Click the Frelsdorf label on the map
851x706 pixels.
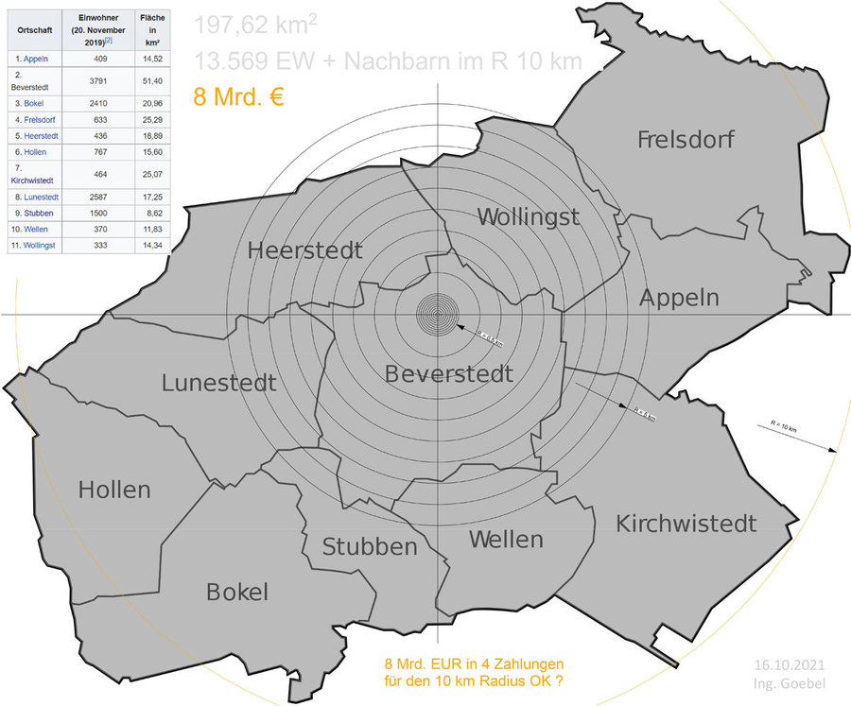click(686, 140)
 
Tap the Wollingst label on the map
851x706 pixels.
click(528, 216)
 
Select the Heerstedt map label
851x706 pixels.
click(304, 250)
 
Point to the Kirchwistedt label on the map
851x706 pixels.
click(686, 523)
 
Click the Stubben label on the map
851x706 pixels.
click(370, 546)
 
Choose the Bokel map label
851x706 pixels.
click(237, 592)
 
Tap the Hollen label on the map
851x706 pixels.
click(114, 490)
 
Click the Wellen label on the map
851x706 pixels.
click(506, 540)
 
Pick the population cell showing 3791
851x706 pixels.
click(96, 80)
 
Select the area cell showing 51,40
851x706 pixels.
click(150, 80)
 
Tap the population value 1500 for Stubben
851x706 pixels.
click(96, 214)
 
